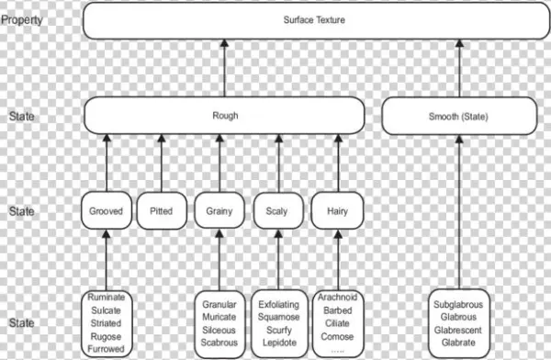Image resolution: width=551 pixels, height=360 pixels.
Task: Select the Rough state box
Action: tap(225, 117)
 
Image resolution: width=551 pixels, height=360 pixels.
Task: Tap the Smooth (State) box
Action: tap(459, 118)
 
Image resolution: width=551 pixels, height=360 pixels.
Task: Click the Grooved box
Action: tap(107, 211)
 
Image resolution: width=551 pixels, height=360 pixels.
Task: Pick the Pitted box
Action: tap(161, 211)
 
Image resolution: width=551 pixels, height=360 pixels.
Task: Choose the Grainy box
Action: tap(219, 211)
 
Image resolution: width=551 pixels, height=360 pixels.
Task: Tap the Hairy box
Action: tap(337, 211)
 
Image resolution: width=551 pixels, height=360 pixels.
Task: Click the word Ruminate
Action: tap(107, 298)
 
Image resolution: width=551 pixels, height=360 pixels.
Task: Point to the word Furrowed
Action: tap(107, 350)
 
